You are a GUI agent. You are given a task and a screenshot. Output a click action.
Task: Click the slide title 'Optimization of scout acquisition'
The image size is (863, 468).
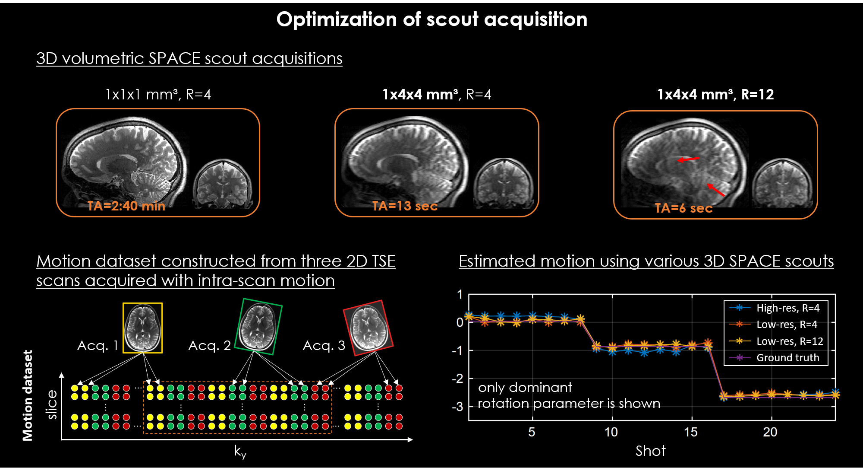point(431,19)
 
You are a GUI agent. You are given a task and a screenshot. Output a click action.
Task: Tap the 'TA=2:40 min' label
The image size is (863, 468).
point(126,206)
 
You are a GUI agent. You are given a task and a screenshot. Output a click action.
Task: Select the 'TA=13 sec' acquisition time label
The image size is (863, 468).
point(405,206)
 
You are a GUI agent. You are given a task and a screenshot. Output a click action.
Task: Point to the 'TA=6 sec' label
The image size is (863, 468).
point(683,208)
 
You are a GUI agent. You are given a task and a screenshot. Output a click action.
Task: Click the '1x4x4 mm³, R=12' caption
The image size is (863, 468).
point(715,94)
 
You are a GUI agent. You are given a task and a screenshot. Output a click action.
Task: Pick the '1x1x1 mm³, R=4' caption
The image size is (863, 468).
point(158,94)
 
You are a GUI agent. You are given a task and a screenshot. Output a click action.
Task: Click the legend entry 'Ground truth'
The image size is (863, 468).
point(787,357)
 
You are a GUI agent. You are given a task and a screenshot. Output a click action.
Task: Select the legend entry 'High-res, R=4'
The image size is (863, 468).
point(787,308)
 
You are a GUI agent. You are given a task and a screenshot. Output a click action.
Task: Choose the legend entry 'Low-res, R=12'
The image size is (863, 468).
point(789,341)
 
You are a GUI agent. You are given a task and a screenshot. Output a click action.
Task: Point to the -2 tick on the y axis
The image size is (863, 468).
point(457,379)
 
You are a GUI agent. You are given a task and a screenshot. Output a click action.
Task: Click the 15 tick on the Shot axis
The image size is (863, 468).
point(690,432)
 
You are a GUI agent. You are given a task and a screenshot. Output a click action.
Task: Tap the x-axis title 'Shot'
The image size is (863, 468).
point(650,451)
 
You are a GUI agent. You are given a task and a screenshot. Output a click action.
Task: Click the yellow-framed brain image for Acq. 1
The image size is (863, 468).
point(142,328)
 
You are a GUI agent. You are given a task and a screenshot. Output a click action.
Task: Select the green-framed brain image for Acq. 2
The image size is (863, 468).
point(258,327)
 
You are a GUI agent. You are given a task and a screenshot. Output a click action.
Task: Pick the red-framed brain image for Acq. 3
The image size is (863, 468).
point(368,328)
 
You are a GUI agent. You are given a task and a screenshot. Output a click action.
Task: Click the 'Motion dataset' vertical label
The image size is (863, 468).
point(28,395)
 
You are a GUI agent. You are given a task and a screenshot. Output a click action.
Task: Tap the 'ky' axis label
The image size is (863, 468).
point(240,451)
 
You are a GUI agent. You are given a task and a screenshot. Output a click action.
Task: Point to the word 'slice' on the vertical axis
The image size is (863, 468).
point(52,404)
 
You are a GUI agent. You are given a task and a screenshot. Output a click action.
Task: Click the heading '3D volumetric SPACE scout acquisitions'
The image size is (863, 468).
point(189,58)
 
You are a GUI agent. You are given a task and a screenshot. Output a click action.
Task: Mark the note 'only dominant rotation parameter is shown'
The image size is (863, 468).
point(569,395)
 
